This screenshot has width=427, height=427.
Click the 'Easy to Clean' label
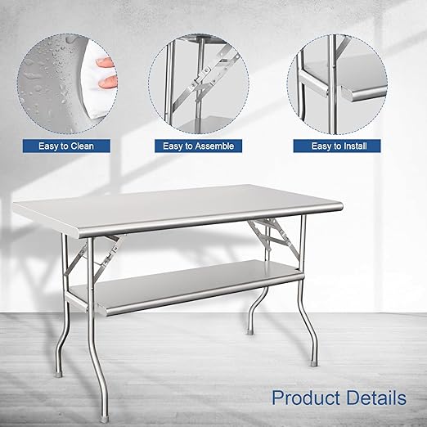pos(65,146)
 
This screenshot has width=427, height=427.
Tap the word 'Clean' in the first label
pos(80,146)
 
